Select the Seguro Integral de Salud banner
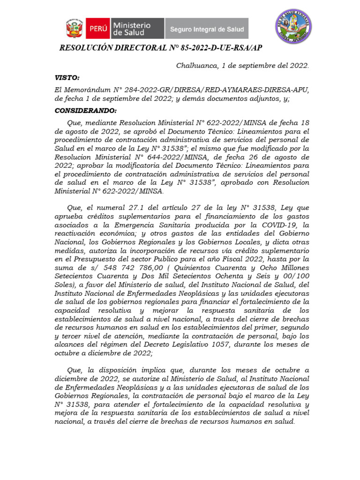tap(207, 29)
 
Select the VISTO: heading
tap(67, 77)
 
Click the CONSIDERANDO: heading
tap(85, 111)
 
